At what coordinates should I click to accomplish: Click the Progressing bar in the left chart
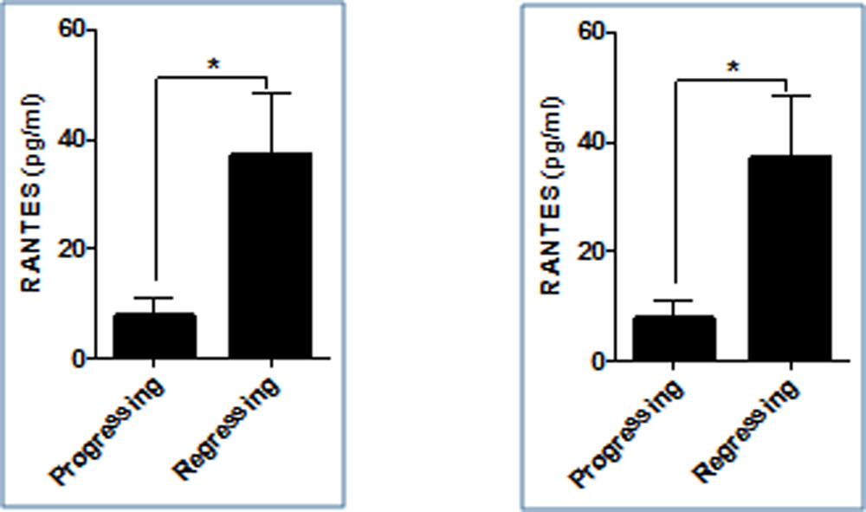(155, 336)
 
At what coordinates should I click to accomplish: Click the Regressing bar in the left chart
(270, 256)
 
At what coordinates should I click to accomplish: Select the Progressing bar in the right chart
(674, 339)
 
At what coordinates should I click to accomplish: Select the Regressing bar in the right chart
(789, 258)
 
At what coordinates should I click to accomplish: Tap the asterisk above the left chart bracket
(212, 65)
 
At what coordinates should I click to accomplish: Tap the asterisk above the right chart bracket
(732, 68)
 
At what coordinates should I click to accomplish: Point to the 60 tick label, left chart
(73, 30)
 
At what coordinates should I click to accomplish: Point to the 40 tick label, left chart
(73, 139)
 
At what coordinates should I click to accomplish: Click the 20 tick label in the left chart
(73, 249)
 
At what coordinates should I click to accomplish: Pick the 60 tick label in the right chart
(591, 33)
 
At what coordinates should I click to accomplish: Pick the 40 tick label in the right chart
(591, 142)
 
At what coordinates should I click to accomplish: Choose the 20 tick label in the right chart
(591, 251)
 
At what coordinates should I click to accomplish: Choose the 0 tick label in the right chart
(598, 361)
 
